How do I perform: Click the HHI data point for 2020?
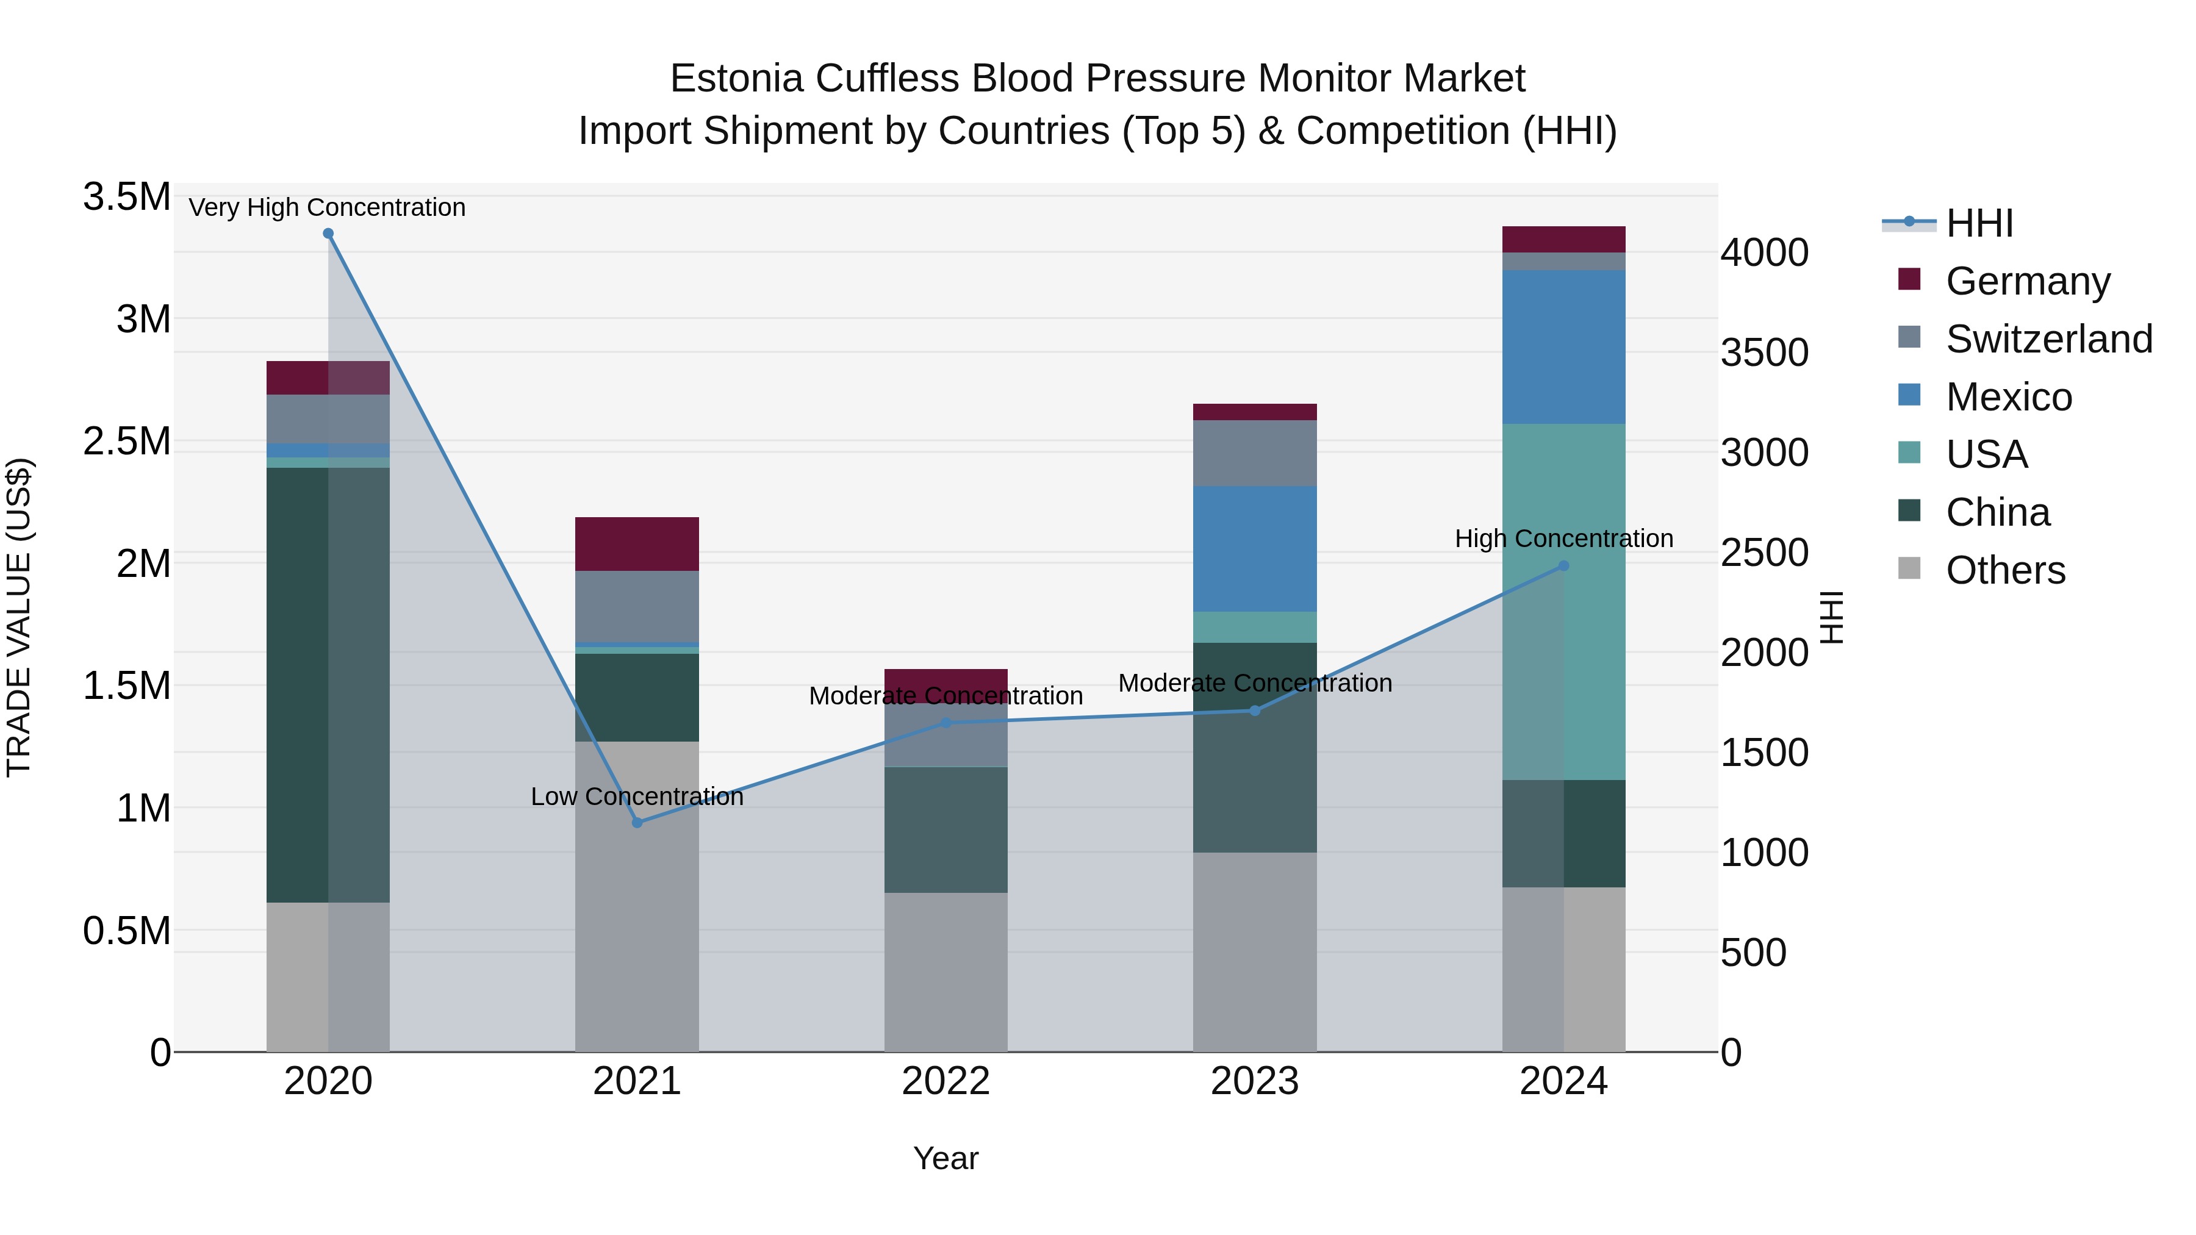[x=328, y=234]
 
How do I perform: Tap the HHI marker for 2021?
[x=637, y=823]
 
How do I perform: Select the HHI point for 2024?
[x=1563, y=566]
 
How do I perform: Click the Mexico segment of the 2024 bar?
[x=1563, y=347]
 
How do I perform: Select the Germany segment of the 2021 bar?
[x=637, y=544]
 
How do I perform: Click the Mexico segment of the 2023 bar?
[x=1254, y=549]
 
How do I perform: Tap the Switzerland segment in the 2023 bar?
[x=1254, y=453]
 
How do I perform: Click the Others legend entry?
[x=2005, y=570]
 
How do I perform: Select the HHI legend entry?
[x=1979, y=223]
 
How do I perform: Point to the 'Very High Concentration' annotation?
[x=328, y=207]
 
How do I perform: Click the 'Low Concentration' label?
[x=637, y=797]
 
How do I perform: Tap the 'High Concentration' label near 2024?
[x=1563, y=539]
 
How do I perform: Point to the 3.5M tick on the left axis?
[x=127, y=197]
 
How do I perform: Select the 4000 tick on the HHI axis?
[x=1764, y=253]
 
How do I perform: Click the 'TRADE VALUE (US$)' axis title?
[x=19, y=617]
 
